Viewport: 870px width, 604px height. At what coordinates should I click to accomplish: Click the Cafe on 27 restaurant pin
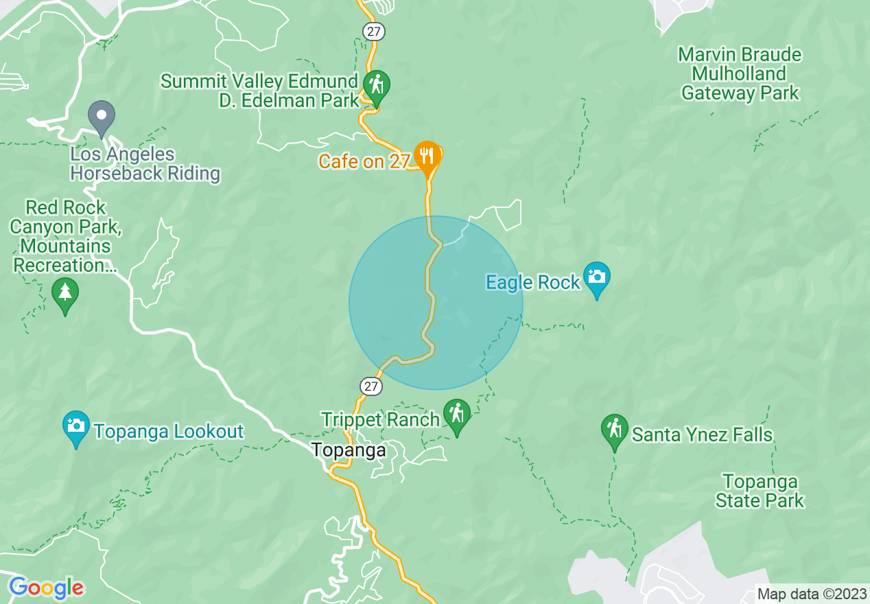pyautogui.click(x=427, y=156)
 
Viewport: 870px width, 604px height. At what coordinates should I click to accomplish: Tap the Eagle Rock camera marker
pyautogui.click(x=596, y=277)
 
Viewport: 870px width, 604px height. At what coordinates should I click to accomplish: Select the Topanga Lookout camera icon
pyautogui.click(x=76, y=427)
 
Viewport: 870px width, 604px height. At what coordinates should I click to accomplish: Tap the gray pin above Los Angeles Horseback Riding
pyautogui.click(x=102, y=116)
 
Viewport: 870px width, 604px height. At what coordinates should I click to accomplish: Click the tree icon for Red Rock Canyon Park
pyautogui.click(x=65, y=294)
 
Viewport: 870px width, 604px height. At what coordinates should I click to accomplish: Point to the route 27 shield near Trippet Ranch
pyautogui.click(x=371, y=386)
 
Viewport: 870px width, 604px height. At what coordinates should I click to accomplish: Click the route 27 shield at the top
pyautogui.click(x=374, y=32)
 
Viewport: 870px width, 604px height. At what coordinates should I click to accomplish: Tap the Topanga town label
pyautogui.click(x=349, y=451)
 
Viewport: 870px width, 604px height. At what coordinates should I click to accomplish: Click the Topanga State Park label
pyautogui.click(x=760, y=491)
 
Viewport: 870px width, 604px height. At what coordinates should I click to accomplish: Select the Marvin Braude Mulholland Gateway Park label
pyautogui.click(x=740, y=73)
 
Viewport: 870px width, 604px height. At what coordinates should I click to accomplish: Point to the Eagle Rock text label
pyautogui.click(x=532, y=282)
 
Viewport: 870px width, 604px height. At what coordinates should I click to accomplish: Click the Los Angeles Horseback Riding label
pyautogui.click(x=145, y=164)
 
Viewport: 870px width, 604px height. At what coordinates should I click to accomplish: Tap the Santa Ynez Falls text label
pyautogui.click(x=702, y=434)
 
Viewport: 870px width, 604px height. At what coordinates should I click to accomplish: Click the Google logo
pyautogui.click(x=46, y=588)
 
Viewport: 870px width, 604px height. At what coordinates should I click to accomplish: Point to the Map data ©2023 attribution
pyautogui.click(x=810, y=594)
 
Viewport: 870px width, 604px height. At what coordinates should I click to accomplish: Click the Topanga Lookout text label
pyautogui.click(x=168, y=432)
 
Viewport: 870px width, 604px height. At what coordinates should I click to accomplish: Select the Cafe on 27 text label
pyautogui.click(x=364, y=162)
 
